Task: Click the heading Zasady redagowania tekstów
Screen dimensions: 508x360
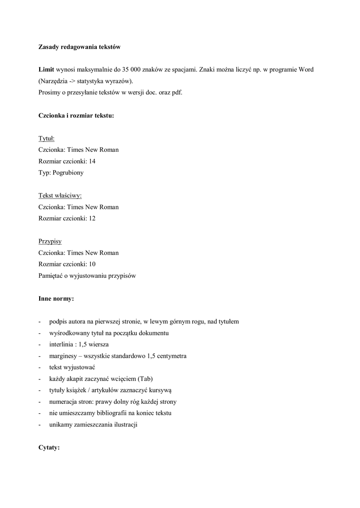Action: (79, 47)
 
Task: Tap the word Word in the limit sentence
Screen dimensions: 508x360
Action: (305, 69)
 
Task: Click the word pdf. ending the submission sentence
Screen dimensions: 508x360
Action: (177, 92)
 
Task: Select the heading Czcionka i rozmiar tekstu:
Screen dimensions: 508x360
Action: (76, 115)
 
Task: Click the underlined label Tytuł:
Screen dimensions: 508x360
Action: (46, 138)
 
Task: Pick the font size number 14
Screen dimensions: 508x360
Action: (92, 161)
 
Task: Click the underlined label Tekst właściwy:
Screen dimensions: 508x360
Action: (60, 195)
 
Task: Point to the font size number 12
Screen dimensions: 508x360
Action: (92, 218)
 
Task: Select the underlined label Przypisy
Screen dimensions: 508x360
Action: (50, 241)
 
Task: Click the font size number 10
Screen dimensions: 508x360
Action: (92, 264)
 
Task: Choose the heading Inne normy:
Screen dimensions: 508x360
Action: (56, 299)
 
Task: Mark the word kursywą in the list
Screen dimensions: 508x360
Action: (160, 390)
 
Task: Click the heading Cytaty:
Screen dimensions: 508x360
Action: (49, 447)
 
